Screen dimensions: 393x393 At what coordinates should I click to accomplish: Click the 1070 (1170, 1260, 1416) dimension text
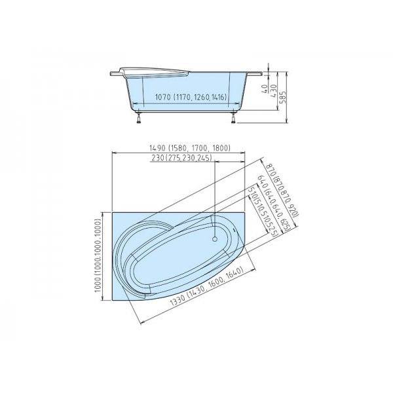(190, 98)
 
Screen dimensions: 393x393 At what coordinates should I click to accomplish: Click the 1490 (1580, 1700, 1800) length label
(179, 149)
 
